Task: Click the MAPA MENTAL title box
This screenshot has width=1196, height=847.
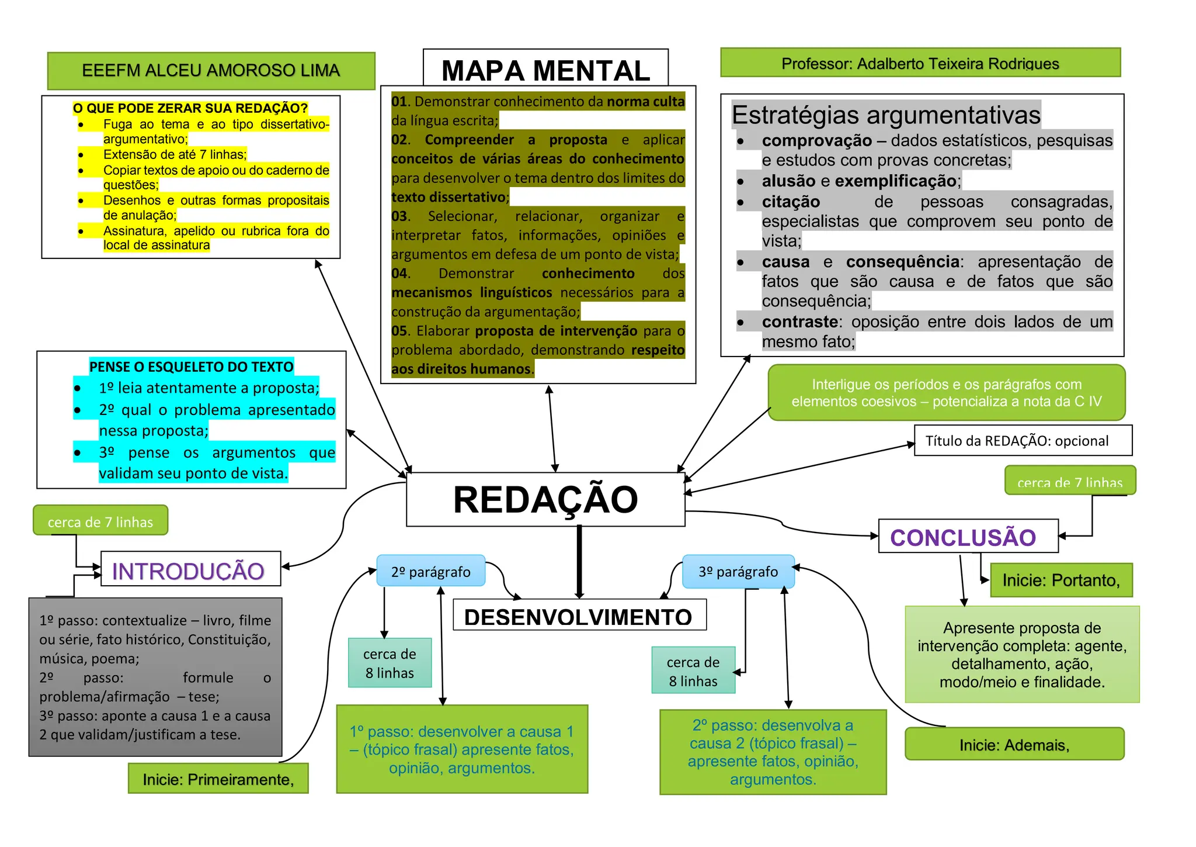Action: [545, 70]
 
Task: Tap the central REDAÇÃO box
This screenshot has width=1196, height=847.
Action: [545, 500]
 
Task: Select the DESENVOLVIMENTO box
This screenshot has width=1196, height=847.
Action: [579, 616]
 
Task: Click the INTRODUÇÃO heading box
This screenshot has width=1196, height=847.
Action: [190, 570]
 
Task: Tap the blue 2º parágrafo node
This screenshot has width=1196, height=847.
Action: [430, 571]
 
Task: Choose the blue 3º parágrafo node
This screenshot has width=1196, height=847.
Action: [738, 571]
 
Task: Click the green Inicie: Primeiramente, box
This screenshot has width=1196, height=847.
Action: [218, 779]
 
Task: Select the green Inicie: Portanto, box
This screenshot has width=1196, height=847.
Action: [1061, 580]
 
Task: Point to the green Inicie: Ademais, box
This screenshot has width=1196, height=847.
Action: [1014, 744]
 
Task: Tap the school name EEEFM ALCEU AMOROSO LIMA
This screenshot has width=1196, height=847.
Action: [211, 71]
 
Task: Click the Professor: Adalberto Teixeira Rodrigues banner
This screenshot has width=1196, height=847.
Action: [920, 63]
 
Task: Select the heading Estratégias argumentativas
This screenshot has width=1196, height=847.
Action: [885, 115]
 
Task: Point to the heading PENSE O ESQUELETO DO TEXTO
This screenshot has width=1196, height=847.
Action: [191, 367]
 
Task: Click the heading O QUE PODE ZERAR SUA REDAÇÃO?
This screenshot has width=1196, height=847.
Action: [190, 108]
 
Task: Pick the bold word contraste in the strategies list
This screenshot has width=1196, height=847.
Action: [799, 322]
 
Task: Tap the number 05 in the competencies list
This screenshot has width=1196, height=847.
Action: [399, 331]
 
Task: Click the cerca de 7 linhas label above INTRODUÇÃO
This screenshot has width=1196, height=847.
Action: [100, 521]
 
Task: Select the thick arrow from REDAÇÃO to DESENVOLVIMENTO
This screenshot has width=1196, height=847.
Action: [579, 561]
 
